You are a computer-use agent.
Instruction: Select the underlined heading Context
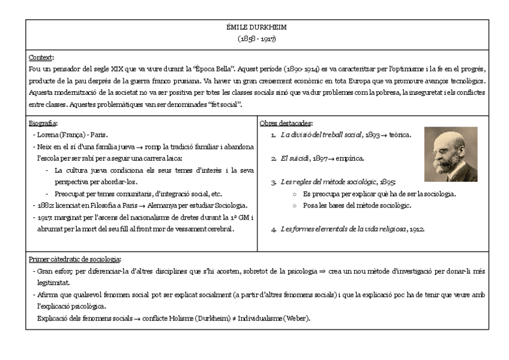[40, 58]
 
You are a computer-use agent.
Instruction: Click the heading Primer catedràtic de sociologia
[74, 259]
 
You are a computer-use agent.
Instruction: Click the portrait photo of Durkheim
[451, 154]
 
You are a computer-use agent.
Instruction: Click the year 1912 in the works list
[417, 229]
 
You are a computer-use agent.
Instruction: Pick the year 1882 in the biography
[44, 205]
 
